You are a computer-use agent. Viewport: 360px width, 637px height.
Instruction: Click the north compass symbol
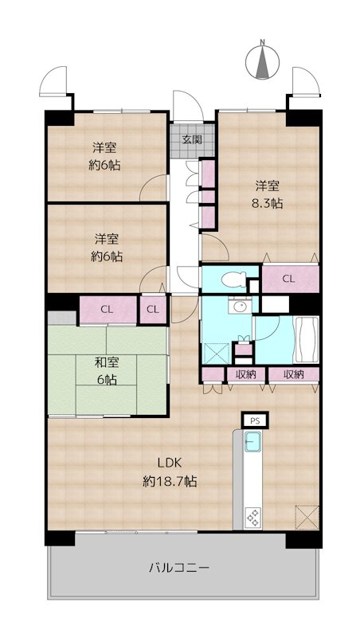tap(263, 62)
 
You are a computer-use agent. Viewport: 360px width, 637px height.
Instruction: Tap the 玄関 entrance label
tap(192, 140)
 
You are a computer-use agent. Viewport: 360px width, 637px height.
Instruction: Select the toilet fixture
tap(233, 279)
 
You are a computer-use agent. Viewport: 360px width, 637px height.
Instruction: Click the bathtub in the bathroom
tap(306, 340)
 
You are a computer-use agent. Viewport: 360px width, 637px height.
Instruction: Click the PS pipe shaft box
tap(254, 420)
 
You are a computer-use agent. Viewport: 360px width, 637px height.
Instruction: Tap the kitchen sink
tap(252, 442)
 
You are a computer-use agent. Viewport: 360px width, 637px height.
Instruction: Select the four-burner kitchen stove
tap(252, 517)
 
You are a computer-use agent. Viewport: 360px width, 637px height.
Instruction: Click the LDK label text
tap(170, 463)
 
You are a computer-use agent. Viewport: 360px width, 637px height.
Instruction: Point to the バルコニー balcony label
tap(178, 567)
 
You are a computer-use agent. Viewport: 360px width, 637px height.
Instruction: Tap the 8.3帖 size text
tap(267, 204)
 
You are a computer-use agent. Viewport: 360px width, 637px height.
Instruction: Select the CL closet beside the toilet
tap(290, 279)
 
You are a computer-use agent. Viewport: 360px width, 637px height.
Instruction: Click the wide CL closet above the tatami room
tap(108, 310)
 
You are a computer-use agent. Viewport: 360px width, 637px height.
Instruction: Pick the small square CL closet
tap(153, 310)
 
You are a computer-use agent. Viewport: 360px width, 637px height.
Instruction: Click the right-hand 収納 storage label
tap(294, 374)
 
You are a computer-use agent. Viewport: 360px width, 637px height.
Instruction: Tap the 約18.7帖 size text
tap(170, 482)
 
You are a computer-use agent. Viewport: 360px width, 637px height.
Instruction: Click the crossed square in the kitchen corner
tap(307, 517)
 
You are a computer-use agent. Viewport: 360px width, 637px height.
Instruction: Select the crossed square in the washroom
tap(213, 354)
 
